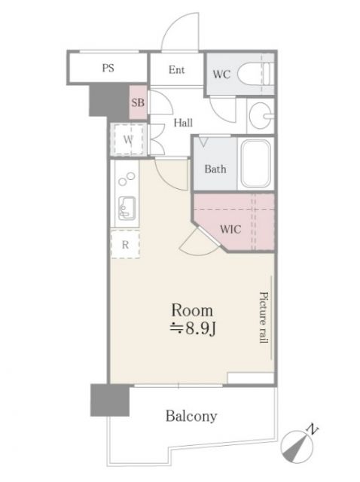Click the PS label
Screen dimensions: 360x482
click(108, 68)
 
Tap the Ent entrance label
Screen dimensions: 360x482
click(176, 70)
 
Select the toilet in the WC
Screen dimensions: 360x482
click(255, 74)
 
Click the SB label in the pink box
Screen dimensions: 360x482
click(138, 102)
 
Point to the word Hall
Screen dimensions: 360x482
click(183, 123)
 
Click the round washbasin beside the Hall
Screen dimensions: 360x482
click(261, 116)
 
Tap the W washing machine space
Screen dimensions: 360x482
click(129, 139)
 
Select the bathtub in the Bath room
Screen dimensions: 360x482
click(256, 163)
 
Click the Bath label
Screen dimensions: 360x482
click(215, 169)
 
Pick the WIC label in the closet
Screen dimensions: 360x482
click(230, 229)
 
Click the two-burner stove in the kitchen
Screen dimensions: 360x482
click(127, 179)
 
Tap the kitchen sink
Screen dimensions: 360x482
click(127, 209)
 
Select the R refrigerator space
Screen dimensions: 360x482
click(125, 245)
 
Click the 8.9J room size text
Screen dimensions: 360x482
click(193, 329)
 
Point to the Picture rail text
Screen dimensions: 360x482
click(264, 317)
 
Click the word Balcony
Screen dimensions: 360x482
click(191, 416)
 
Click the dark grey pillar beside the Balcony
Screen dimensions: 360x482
click(110, 400)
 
